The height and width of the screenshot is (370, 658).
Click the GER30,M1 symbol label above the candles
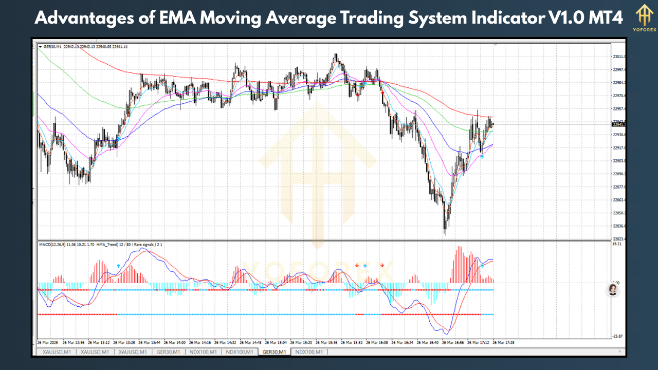click(x=52, y=47)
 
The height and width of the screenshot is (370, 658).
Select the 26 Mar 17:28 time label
click(x=505, y=342)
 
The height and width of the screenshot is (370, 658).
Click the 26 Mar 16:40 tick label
click(x=429, y=342)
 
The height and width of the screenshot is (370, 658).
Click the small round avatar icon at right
click(x=613, y=289)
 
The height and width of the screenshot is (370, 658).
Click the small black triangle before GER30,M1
click(x=41, y=47)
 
